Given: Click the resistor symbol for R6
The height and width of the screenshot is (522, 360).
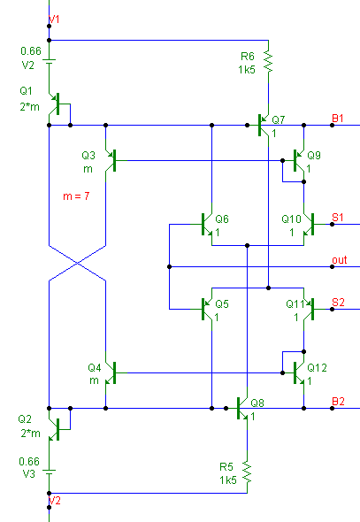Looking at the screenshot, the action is (x=268, y=61).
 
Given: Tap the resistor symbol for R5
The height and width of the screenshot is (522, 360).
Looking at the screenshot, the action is (x=247, y=472).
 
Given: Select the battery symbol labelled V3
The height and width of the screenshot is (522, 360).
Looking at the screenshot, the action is (x=49, y=472).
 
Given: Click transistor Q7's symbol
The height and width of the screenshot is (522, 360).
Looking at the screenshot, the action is (x=264, y=125).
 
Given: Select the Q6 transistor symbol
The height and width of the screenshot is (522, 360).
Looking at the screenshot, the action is (x=207, y=225).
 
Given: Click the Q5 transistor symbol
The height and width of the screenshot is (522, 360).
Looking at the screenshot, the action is (x=207, y=309).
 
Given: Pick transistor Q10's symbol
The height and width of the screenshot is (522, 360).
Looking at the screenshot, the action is (x=309, y=225).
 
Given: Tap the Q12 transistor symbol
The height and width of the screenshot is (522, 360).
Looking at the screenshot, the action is (x=299, y=372).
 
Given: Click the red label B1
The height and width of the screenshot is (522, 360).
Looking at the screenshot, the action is (x=338, y=119).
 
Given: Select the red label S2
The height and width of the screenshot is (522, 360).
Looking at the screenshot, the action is (x=338, y=303).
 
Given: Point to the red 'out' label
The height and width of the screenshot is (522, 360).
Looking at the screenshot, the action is (x=340, y=260).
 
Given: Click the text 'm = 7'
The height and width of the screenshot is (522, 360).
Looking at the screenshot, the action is (x=76, y=196).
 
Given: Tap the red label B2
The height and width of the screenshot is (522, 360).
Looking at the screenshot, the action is (x=338, y=401).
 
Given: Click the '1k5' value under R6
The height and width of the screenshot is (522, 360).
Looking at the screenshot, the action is (x=247, y=70).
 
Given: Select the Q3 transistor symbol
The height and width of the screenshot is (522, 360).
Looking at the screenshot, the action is (x=111, y=160).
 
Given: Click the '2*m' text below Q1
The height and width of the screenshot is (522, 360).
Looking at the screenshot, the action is (x=29, y=107).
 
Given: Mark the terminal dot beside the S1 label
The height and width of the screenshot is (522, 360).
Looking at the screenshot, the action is (x=332, y=225).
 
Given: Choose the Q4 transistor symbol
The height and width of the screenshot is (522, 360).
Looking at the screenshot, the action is (x=111, y=372).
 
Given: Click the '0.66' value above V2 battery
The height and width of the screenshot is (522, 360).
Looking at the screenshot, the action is (x=31, y=51).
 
